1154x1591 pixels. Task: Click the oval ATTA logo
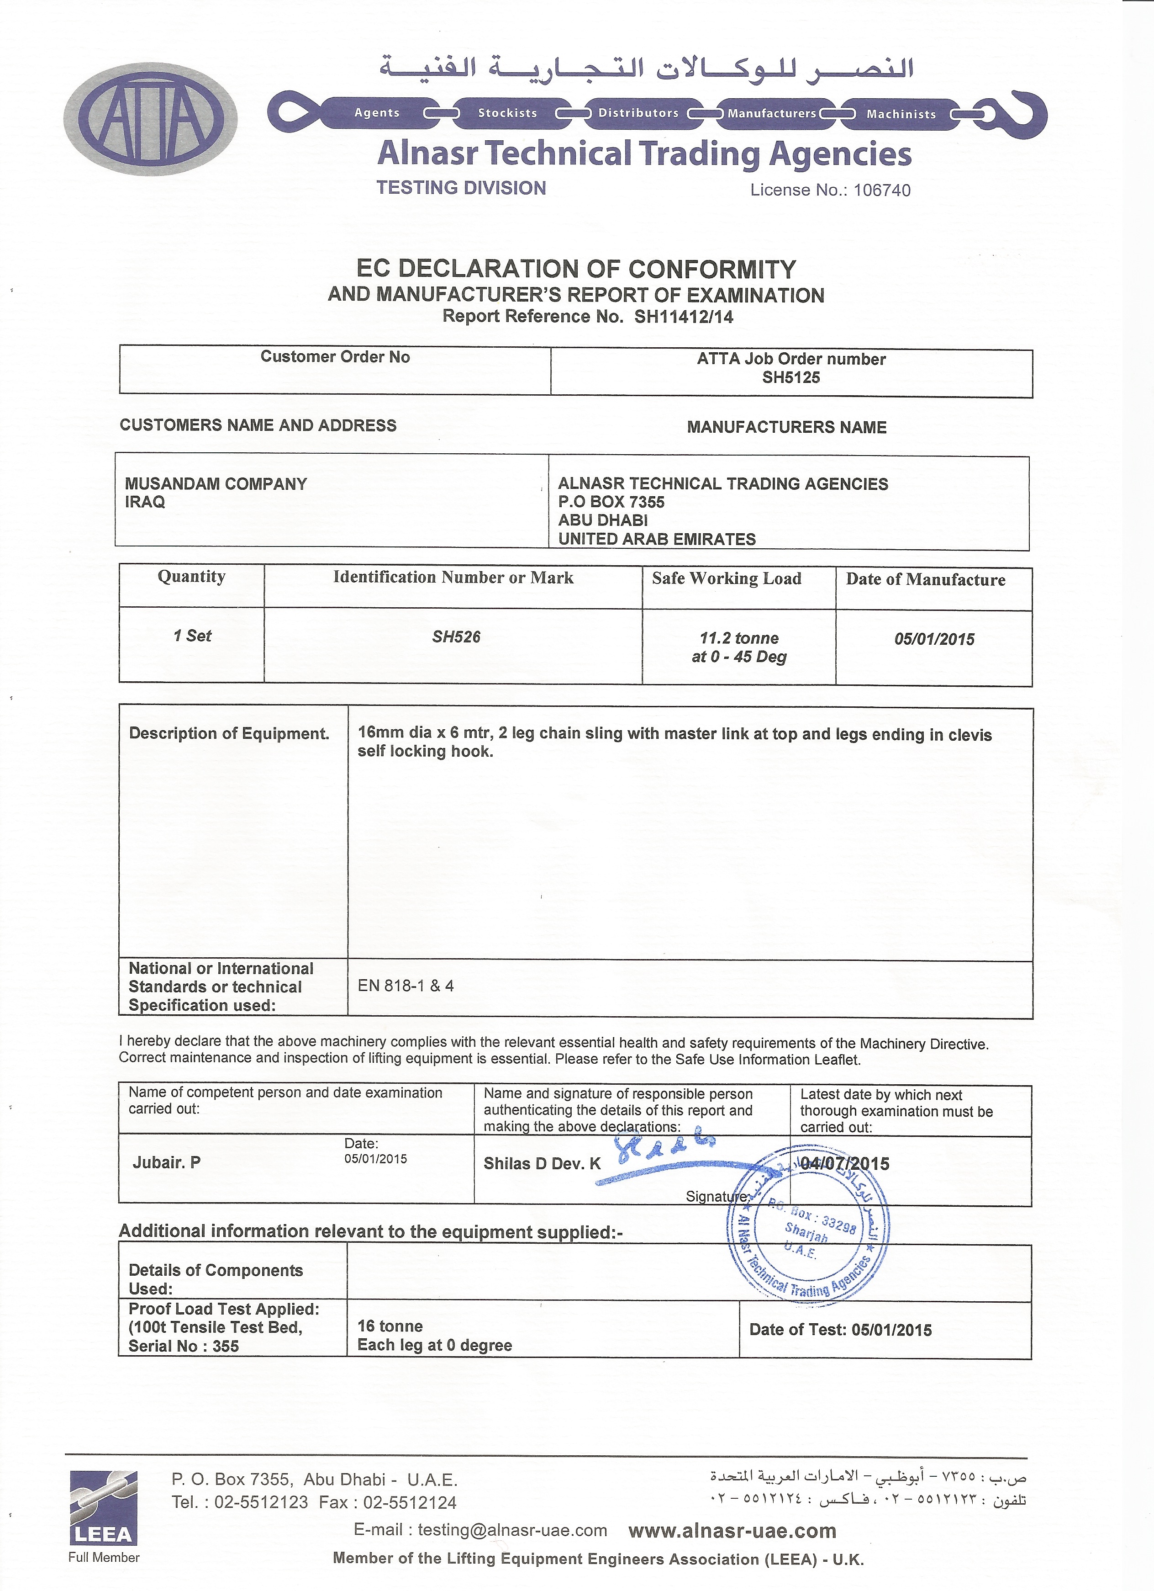click(x=151, y=118)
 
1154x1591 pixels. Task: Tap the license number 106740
click(x=881, y=190)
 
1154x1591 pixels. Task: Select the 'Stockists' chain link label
click(x=507, y=113)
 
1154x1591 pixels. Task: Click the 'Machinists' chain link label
click(x=901, y=114)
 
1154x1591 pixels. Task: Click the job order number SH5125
click(x=791, y=377)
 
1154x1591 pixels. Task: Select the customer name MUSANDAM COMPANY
click(x=216, y=483)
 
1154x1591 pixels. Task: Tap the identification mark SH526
click(x=456, y=637)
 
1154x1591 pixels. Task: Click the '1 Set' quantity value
click(x=192, y=636)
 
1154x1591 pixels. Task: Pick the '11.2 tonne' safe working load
click(x=739, y=638)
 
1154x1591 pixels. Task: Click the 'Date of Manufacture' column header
click(x=926, y=579)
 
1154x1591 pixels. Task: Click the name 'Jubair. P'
click(x=167, y=1162)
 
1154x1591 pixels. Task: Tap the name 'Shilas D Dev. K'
click(x=542, y=1164)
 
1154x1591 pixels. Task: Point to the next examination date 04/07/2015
click(x=844, y=1164)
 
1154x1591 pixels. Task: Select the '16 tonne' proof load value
click(x=390, y=1326)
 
